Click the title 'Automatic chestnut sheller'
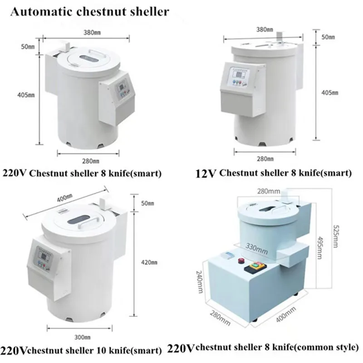point(89,12)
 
